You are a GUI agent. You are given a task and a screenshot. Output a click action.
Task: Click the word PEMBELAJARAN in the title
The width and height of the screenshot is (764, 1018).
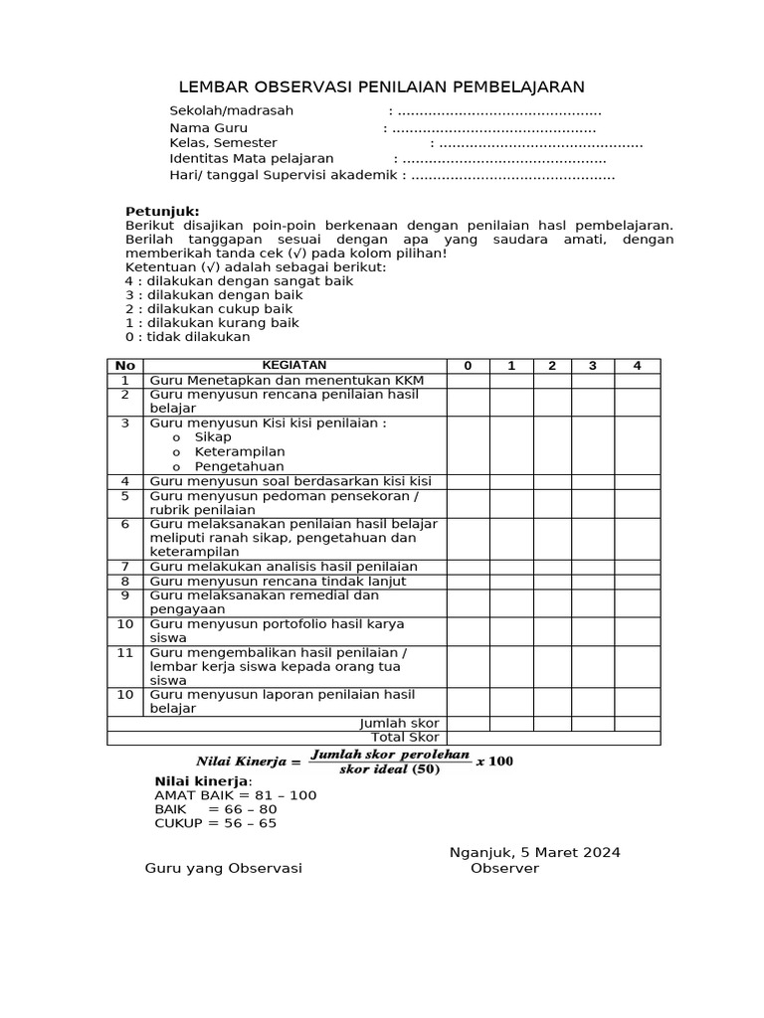click(506, 86)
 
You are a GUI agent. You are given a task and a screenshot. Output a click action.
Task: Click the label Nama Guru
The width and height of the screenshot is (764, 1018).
click(209, 128)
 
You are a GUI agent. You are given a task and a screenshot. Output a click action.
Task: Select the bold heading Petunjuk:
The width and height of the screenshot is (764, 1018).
click(162, 212)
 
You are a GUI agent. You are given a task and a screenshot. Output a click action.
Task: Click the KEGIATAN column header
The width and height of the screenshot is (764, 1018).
click(293, 366)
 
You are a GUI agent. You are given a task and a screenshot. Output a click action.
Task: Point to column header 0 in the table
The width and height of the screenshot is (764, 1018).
click(468, 366)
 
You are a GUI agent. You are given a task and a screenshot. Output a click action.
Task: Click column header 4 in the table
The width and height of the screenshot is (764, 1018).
click(638, 366)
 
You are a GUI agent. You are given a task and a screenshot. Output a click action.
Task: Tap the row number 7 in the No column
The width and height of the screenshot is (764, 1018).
click(126, 567)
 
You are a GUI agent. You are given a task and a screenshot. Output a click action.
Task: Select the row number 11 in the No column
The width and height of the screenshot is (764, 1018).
click(125, 652)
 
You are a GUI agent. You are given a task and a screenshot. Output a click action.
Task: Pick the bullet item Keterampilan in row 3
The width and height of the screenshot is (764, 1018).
click(240, 451)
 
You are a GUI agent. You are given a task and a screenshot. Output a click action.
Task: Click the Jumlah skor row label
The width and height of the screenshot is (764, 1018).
click(399, 723)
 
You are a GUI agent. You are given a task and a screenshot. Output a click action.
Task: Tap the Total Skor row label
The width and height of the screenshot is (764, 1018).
click(405, 738)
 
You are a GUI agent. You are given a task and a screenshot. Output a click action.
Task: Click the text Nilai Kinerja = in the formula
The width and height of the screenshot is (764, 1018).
click(248, 762)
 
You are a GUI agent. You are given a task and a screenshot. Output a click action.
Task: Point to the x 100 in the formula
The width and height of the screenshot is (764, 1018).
click(494, 762)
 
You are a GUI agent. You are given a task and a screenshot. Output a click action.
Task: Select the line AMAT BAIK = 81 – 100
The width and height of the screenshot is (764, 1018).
click(236, 795)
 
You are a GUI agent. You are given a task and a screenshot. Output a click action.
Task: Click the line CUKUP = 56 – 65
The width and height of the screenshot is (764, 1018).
click(216, 823)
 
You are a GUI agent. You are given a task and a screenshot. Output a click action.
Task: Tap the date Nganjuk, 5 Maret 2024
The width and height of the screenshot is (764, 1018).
click(535, 852)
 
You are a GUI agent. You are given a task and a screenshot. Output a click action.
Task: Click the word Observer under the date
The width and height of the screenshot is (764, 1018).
click(505, 868)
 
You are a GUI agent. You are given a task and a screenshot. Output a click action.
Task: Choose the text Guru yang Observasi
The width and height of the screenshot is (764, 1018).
click(224, 868)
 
